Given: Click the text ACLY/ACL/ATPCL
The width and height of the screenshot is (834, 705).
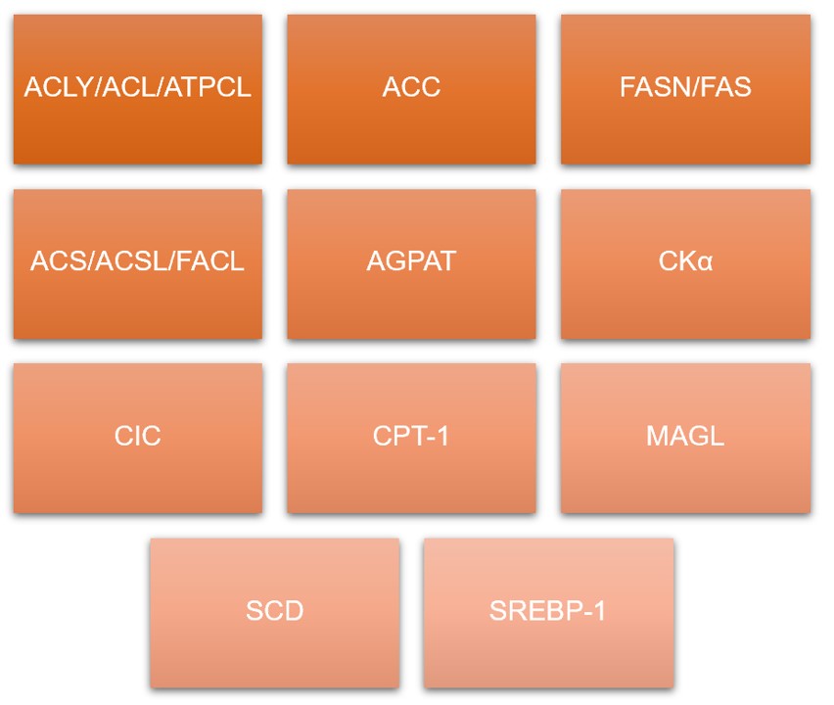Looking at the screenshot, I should click(x=137, y=87).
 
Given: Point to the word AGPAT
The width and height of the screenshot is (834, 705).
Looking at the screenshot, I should click(x=411, y=262).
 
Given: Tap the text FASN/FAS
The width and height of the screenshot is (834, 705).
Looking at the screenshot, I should click(x=685, y=87).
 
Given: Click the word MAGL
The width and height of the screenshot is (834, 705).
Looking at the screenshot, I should click(x=685, y=437).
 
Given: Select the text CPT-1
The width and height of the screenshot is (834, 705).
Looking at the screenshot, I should click(x=411, y=437).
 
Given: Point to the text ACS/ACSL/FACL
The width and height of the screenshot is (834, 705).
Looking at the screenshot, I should click(x=137, y=262).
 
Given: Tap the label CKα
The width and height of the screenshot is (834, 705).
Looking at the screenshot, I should click(x=685, y=262).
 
